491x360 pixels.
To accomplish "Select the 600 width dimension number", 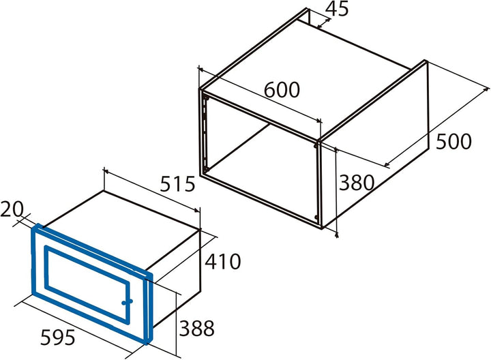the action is pos(282,89).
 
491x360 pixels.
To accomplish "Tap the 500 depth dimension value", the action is pos(453,141).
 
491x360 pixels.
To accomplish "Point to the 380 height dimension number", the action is pos(357,183).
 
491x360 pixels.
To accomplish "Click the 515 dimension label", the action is pos(177,184).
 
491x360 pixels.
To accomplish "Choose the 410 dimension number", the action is pos(222,261).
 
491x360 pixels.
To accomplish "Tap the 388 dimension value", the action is pos(196,328).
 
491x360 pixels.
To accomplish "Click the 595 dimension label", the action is pos(58,337).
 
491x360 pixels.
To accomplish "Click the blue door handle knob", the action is pos(127,302).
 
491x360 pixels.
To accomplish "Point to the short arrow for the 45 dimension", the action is pos(323,23).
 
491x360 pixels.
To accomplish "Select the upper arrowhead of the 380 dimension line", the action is pos(336,149).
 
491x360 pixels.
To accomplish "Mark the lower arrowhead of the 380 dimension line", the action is pos(337,235).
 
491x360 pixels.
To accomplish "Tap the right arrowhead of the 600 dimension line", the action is pos(318,121).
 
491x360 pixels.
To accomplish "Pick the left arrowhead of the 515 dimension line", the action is pos(106,171).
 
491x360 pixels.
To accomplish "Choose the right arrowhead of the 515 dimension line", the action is pos(196,210).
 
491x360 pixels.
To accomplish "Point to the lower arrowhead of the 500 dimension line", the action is pos(387,164).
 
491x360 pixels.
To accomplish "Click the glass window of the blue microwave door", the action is pos(87,284).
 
